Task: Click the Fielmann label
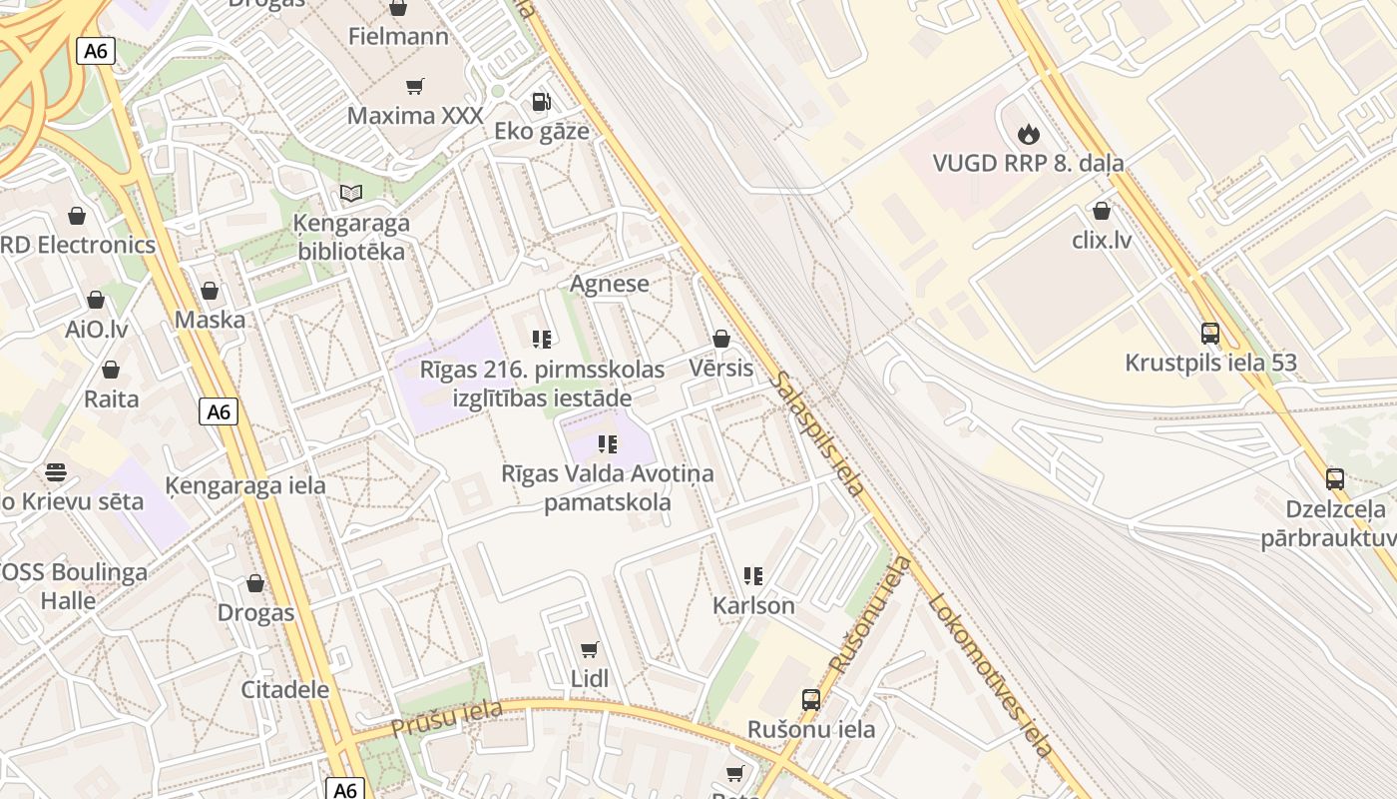click(398, 37)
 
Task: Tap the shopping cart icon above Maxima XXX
click(415, 87)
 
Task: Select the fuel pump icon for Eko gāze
click(541, 101)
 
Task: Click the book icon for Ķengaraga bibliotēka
click(350, 193)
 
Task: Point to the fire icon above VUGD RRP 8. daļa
click(1028, 134)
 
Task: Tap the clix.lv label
click(1102, 240)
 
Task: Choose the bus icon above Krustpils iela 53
click(1210, 333)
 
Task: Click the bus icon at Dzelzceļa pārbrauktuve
click(1335, 479)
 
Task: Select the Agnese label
click(609, 284)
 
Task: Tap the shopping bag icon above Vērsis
click(720, 339)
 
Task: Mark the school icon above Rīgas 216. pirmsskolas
click(542, 340)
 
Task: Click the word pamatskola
click(607, 502)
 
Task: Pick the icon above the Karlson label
click(753, 576)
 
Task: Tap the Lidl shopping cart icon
click(590, 650)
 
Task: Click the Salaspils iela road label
click(817, 434)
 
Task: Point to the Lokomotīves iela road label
click(990, 675)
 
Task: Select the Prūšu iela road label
click(446, 719)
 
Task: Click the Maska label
click(210, 320)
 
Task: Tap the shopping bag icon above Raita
click(111, 370)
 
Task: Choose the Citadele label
click(285, 689)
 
